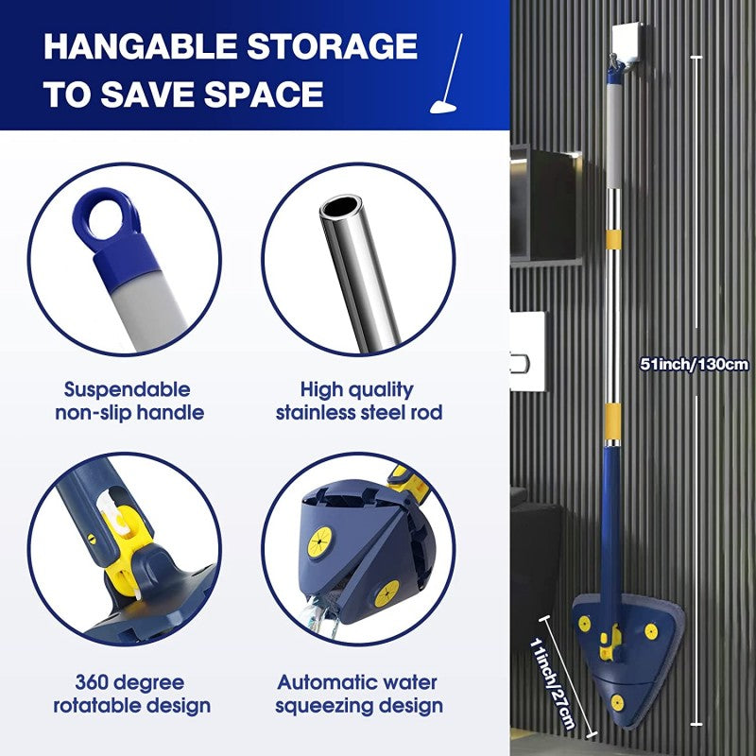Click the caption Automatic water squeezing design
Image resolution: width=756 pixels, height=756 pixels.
pos(359,694)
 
